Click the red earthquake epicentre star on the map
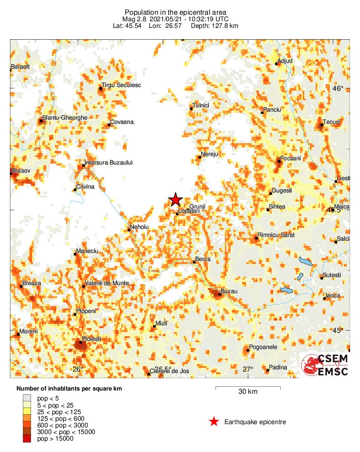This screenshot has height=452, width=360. [175, 200]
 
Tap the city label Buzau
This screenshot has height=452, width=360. [229, 292]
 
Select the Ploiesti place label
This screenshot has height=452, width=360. [92, 339]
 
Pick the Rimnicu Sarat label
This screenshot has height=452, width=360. [276, 235]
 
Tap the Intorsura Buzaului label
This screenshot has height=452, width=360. [109, 163]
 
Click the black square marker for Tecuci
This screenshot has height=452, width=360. [321, 125]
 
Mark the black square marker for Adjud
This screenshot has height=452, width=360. [276, 64]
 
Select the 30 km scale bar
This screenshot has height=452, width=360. [248, 388]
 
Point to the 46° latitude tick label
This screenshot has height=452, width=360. [338, 88]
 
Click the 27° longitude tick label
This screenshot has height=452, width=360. [248, 369]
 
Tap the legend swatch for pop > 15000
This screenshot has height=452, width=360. [29, 439]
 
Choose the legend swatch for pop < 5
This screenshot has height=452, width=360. [29, 399]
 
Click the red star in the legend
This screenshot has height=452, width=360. [214, 422]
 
